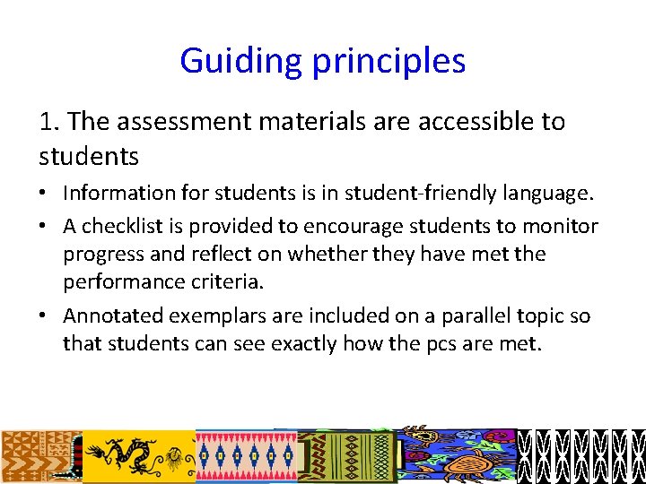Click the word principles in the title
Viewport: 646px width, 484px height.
click(388, 61)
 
